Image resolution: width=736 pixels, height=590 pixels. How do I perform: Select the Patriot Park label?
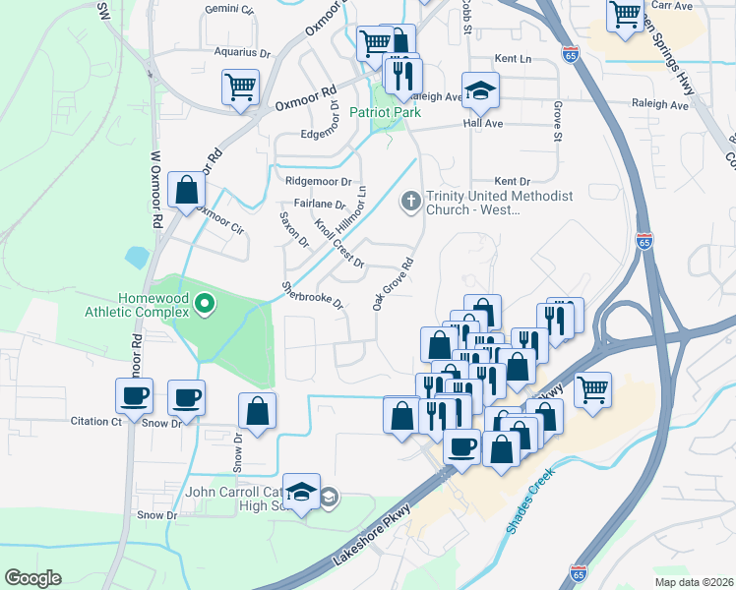coord(386,113)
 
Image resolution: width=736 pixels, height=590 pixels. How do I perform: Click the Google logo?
coord(32,578)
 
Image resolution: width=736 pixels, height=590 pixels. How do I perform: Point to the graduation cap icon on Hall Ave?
coord(479,91)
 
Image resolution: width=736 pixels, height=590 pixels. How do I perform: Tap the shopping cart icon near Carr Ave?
coord(625,15)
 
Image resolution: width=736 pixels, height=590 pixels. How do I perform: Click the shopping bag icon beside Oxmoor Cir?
coord(186,189)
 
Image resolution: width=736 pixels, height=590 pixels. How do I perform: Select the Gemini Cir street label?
coord(229,9)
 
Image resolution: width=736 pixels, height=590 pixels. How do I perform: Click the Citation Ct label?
coord(95,421)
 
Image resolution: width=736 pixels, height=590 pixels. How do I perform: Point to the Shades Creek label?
coord(531,500)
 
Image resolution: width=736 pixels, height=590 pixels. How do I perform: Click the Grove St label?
coord(557,120)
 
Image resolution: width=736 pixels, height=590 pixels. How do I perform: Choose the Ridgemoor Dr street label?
coord(318,182)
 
